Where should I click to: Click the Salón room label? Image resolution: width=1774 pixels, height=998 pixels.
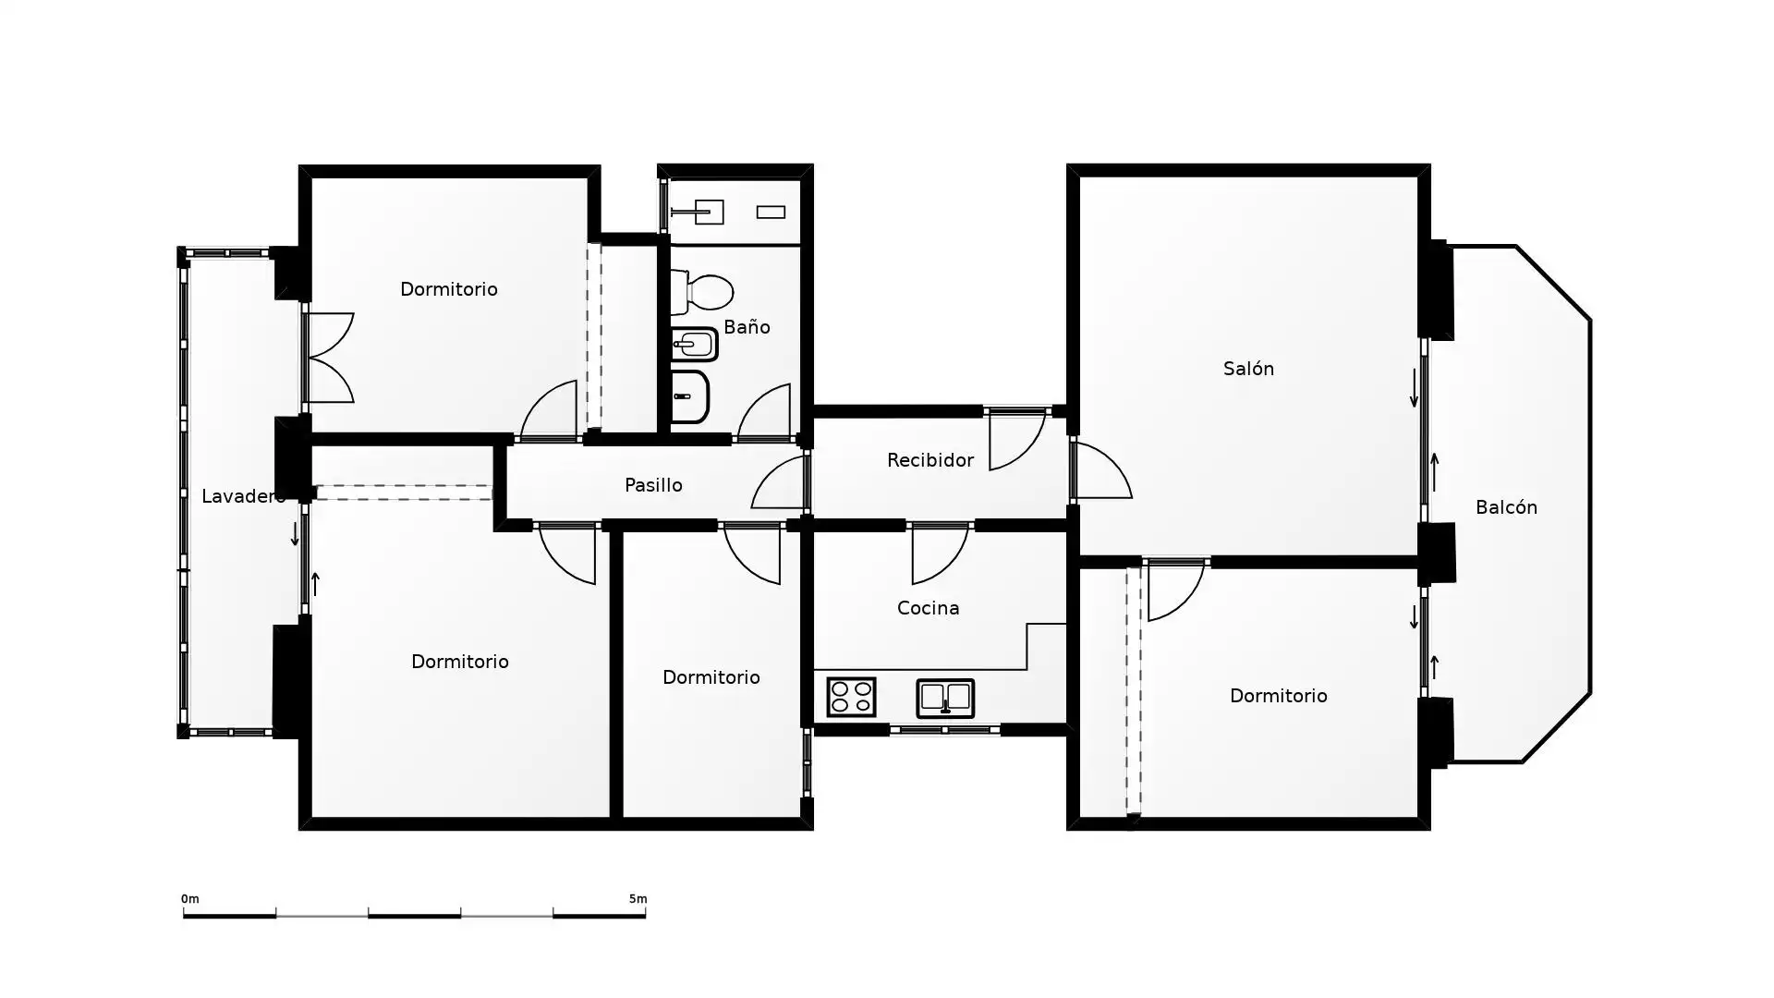click(1248, 369)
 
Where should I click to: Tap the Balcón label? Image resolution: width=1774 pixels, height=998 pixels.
click(1506, 507)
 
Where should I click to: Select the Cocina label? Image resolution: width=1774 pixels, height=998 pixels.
click(928, 608)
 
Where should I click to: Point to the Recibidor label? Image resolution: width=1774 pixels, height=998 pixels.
click(930, 460)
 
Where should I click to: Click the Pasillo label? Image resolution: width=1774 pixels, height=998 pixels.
click(653, 485)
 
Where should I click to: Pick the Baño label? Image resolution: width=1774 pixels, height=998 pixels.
click(747, 327)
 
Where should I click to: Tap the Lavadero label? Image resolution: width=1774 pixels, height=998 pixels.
click(243, 496)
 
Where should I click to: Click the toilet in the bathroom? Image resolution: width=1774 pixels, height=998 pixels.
click(701, 292)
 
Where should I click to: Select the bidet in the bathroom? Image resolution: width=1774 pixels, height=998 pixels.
click(694, 345)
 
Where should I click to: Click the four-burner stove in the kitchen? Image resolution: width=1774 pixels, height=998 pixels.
click(851, 697)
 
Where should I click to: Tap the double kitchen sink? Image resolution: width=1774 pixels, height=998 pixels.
click(945, 699)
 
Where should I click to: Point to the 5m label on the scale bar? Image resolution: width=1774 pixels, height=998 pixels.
click(638, 899)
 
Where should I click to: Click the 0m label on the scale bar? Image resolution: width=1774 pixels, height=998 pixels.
click(189, 899)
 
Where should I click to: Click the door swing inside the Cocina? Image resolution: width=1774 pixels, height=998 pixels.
click(940, 554)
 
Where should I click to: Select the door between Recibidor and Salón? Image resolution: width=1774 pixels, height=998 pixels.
click(1101, 470)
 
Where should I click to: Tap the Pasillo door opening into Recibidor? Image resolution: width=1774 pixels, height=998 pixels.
click(779, 482)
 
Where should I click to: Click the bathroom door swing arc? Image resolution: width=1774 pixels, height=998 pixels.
click(763, 411)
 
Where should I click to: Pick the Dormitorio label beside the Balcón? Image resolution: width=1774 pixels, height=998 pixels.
click(1278, 696)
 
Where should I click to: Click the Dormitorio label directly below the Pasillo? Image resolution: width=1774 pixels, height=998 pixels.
click(711, 677)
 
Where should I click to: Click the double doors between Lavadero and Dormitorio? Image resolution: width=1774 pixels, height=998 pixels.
click(329, 358)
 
